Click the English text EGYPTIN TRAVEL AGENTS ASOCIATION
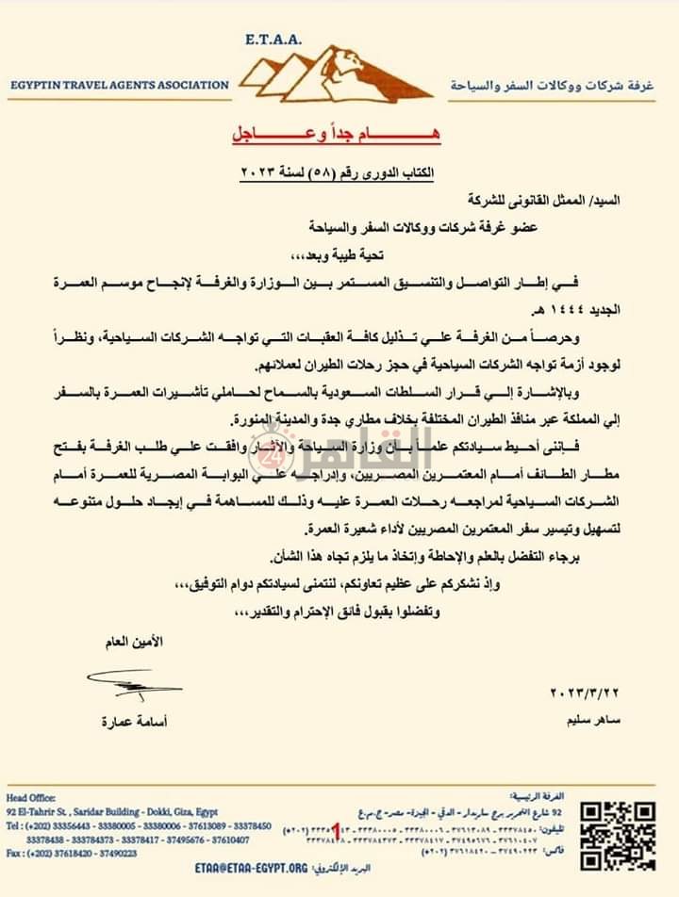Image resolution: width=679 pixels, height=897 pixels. (x=119, y=85)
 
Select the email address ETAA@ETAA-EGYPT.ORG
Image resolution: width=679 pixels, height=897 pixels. (x=252, y=868)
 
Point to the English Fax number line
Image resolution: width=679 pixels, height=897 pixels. (x=71, y=853)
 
